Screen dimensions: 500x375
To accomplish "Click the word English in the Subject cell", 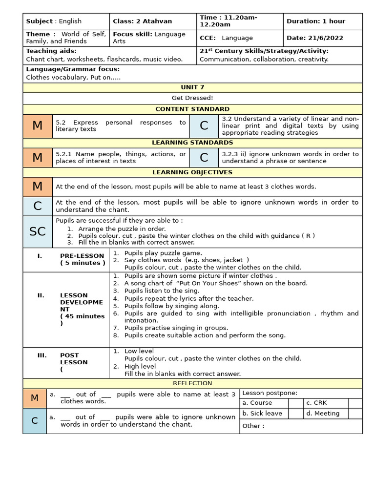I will click(x=71, y=21).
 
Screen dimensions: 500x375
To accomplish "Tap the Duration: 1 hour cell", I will click(x=322, y=21).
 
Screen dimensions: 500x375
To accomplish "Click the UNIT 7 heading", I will click(x=192, y=87).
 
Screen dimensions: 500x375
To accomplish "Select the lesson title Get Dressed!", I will click(x=192, y=98).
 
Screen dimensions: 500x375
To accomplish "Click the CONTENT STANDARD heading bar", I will click(x=192, y=109).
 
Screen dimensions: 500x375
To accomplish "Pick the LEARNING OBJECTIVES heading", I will click(x=192, y=172).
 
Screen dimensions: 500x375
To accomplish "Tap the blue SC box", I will click(x=38, y=232).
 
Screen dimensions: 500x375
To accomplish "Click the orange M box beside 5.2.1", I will click(x=38, y=157).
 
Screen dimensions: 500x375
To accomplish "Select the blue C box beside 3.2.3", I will click(x=204, y=157).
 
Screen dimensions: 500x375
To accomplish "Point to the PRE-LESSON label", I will click(x=82, y=256).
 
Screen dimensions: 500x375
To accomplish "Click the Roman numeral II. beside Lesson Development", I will click(x=42, y=295).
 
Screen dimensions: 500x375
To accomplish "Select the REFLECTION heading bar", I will click(x=192, y=383).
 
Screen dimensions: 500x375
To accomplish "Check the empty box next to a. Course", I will click(x=295, y=403).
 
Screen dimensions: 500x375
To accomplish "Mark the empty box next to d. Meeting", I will click(x=355, y=414).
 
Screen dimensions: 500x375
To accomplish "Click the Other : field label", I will click(x=253, y=426).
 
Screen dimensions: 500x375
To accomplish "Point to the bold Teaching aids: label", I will click(x=51, y=51).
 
